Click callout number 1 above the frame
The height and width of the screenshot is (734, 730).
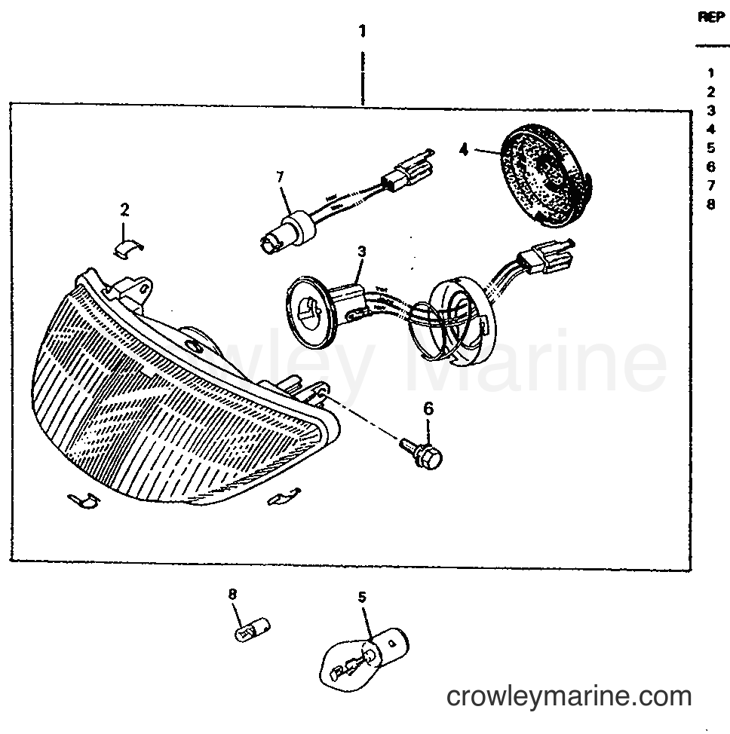[362, 32]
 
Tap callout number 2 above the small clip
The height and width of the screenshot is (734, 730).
[124, 209]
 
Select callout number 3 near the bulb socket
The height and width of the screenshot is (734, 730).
[362, 252]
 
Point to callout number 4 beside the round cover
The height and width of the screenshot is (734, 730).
[463, 150]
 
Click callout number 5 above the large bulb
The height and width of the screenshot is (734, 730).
[362, 597]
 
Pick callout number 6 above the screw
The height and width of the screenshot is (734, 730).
[428, 408]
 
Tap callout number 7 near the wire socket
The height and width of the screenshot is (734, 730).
[281, 177]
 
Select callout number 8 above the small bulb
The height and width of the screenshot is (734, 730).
[232, 594]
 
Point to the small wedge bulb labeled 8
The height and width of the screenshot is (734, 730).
[253, 629]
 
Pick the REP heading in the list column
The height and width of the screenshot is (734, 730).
[711, 17]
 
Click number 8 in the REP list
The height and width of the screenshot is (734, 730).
[711, 204]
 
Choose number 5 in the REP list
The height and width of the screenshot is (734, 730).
[711, 148]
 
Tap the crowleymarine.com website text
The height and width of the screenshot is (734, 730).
[569, 696]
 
